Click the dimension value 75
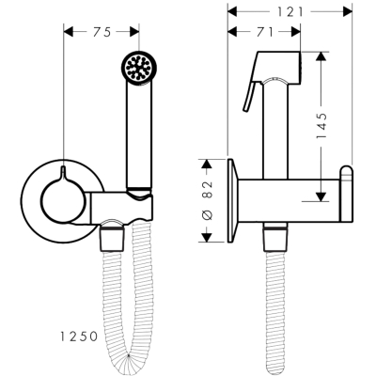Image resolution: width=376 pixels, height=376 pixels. tap(102, 32)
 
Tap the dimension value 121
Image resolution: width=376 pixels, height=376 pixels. tap(290, 12)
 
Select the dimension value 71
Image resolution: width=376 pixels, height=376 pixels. tap(265, 32)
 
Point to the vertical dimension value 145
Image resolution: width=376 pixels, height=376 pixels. tap(321, 125)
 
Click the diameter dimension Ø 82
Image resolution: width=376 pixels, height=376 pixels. tap(208, 200)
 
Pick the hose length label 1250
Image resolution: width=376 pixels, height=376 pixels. tap(79, 337)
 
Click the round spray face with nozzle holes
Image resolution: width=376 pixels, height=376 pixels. tap(137, 67)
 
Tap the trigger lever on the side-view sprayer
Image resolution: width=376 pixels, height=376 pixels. tap(252, 96)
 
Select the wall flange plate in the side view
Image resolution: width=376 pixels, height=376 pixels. tap(233, 200)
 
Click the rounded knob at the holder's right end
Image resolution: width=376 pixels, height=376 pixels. tap(347, 194)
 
